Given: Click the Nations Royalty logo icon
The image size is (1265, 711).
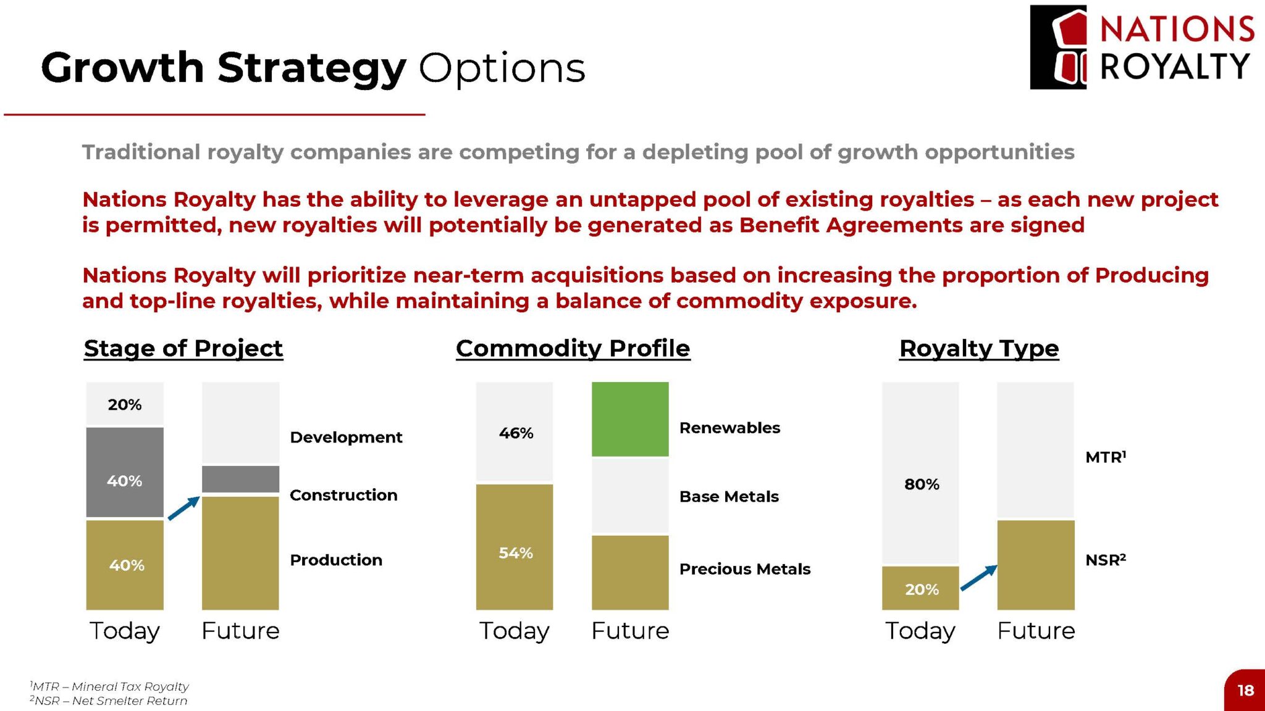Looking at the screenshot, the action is [x=1058, y=48].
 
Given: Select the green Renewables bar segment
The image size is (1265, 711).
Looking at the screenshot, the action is [x=630, y=419].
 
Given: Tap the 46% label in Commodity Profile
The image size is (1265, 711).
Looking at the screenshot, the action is [x=516, y=433].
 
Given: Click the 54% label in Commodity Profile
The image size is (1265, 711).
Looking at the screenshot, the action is [x=516, y=553].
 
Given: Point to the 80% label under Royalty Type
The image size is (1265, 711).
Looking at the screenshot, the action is [x=922, y=484].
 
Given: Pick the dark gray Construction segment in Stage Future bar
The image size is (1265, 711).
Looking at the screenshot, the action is [x=240, y=479].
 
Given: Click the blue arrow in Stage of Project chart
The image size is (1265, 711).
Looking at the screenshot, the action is [x=184, y=508].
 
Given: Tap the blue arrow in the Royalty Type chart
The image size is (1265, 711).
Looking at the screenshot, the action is [x=979, y=578].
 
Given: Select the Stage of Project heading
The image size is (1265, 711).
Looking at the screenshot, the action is [x=183, y=349].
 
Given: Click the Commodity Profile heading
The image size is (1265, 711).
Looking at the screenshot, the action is [x=573, y=349].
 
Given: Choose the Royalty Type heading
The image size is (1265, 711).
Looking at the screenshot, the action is [x=979, y=349].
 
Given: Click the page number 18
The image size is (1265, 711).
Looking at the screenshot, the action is [x=1246, y=690].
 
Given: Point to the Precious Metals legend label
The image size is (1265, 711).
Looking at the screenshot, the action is [x=745, y=569].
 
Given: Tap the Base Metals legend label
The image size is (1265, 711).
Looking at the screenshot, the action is [x=729, y=497].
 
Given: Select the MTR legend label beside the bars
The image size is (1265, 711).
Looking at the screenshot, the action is [x=1106, y=457].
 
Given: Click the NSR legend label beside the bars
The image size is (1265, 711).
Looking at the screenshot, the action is [x=1106, y=560].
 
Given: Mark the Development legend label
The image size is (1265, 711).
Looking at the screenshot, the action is [x=346, y=438].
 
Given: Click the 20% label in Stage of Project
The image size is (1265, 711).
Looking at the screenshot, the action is [x=125, y=405].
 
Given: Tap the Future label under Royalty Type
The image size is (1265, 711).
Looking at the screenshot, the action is [x=1036, y=631].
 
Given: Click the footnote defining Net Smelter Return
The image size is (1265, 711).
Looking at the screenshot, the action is [x=108, y=701].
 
